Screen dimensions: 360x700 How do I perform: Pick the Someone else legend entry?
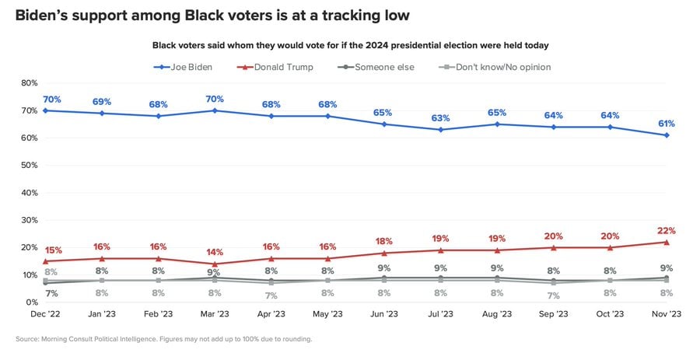point(382,67)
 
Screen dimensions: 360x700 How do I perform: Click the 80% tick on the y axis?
point(29,83)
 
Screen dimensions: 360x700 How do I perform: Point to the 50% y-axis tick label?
point(29,166)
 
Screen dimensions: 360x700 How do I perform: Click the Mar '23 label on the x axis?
point(215,314)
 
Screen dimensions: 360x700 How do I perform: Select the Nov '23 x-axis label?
point(667,314)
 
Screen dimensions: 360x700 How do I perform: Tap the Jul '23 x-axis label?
point(440,314)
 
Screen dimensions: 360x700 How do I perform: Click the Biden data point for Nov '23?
point(667,135)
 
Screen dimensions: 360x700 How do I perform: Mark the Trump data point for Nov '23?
point(667,242)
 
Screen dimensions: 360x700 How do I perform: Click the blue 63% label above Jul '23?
point(441,118)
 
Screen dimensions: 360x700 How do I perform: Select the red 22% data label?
point(667,231)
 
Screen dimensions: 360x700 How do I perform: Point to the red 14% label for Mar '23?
point(215,252)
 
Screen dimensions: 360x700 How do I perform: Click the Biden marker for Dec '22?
point(45,110)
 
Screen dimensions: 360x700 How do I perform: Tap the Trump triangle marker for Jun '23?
point(384,253)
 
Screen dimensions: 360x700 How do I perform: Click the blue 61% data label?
point(667,124)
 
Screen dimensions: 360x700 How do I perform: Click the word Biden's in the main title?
point(44,15)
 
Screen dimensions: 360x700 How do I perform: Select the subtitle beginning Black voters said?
point(350,46)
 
